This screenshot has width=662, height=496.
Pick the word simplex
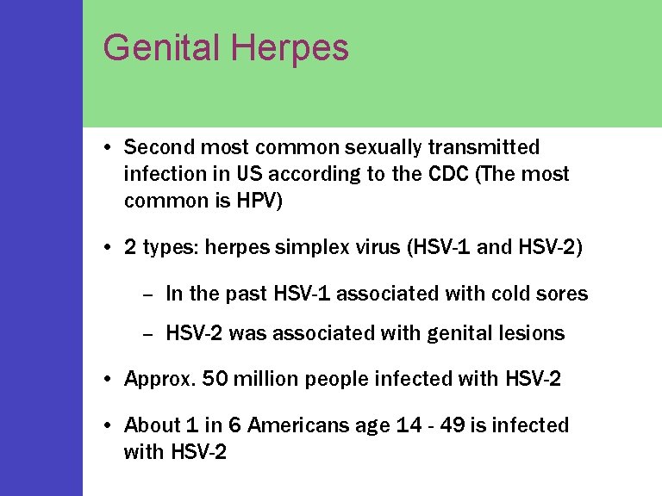point(311,248)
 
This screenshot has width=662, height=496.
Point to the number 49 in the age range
point(439,425)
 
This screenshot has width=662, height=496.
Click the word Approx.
point(157,379)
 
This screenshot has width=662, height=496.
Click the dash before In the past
point(147,294)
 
